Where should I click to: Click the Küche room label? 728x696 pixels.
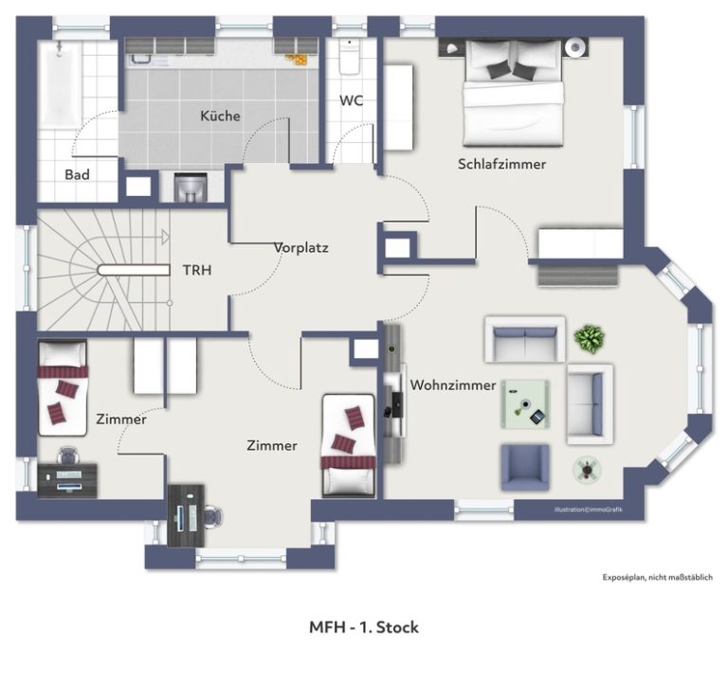[x=220, y=116]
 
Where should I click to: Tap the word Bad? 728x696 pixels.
[x=77, y=175]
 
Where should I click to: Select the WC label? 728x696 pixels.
[x=351, y=100]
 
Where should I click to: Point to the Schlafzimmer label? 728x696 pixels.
[x=501, y=164]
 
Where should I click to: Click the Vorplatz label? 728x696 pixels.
[x=300, y=247]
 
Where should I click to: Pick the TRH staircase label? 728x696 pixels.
[x=197, y=270]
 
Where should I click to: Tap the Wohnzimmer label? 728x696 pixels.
[x=453, y=385]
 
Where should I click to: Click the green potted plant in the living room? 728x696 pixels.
[x=590, y=339]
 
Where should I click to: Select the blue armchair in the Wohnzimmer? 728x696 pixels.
[x=524, y=468]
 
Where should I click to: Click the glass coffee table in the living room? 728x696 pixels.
[x=525, y=404]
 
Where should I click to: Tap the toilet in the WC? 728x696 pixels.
[x=349, y=57]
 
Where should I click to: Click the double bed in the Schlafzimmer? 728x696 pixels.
[x=514, y=93]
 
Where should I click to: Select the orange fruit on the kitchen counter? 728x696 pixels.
[x=297, y=60]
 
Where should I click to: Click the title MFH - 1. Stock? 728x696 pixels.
[x=364, y=628]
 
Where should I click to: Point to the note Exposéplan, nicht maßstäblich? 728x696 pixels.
[x=658, y=578]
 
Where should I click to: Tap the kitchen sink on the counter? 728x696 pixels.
[x=140, y=59]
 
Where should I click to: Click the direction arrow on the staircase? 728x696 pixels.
[x=165, y=237]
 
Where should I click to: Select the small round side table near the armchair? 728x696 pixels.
[x=588, y=470]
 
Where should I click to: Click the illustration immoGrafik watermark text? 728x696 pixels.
[x=589, y=509]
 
